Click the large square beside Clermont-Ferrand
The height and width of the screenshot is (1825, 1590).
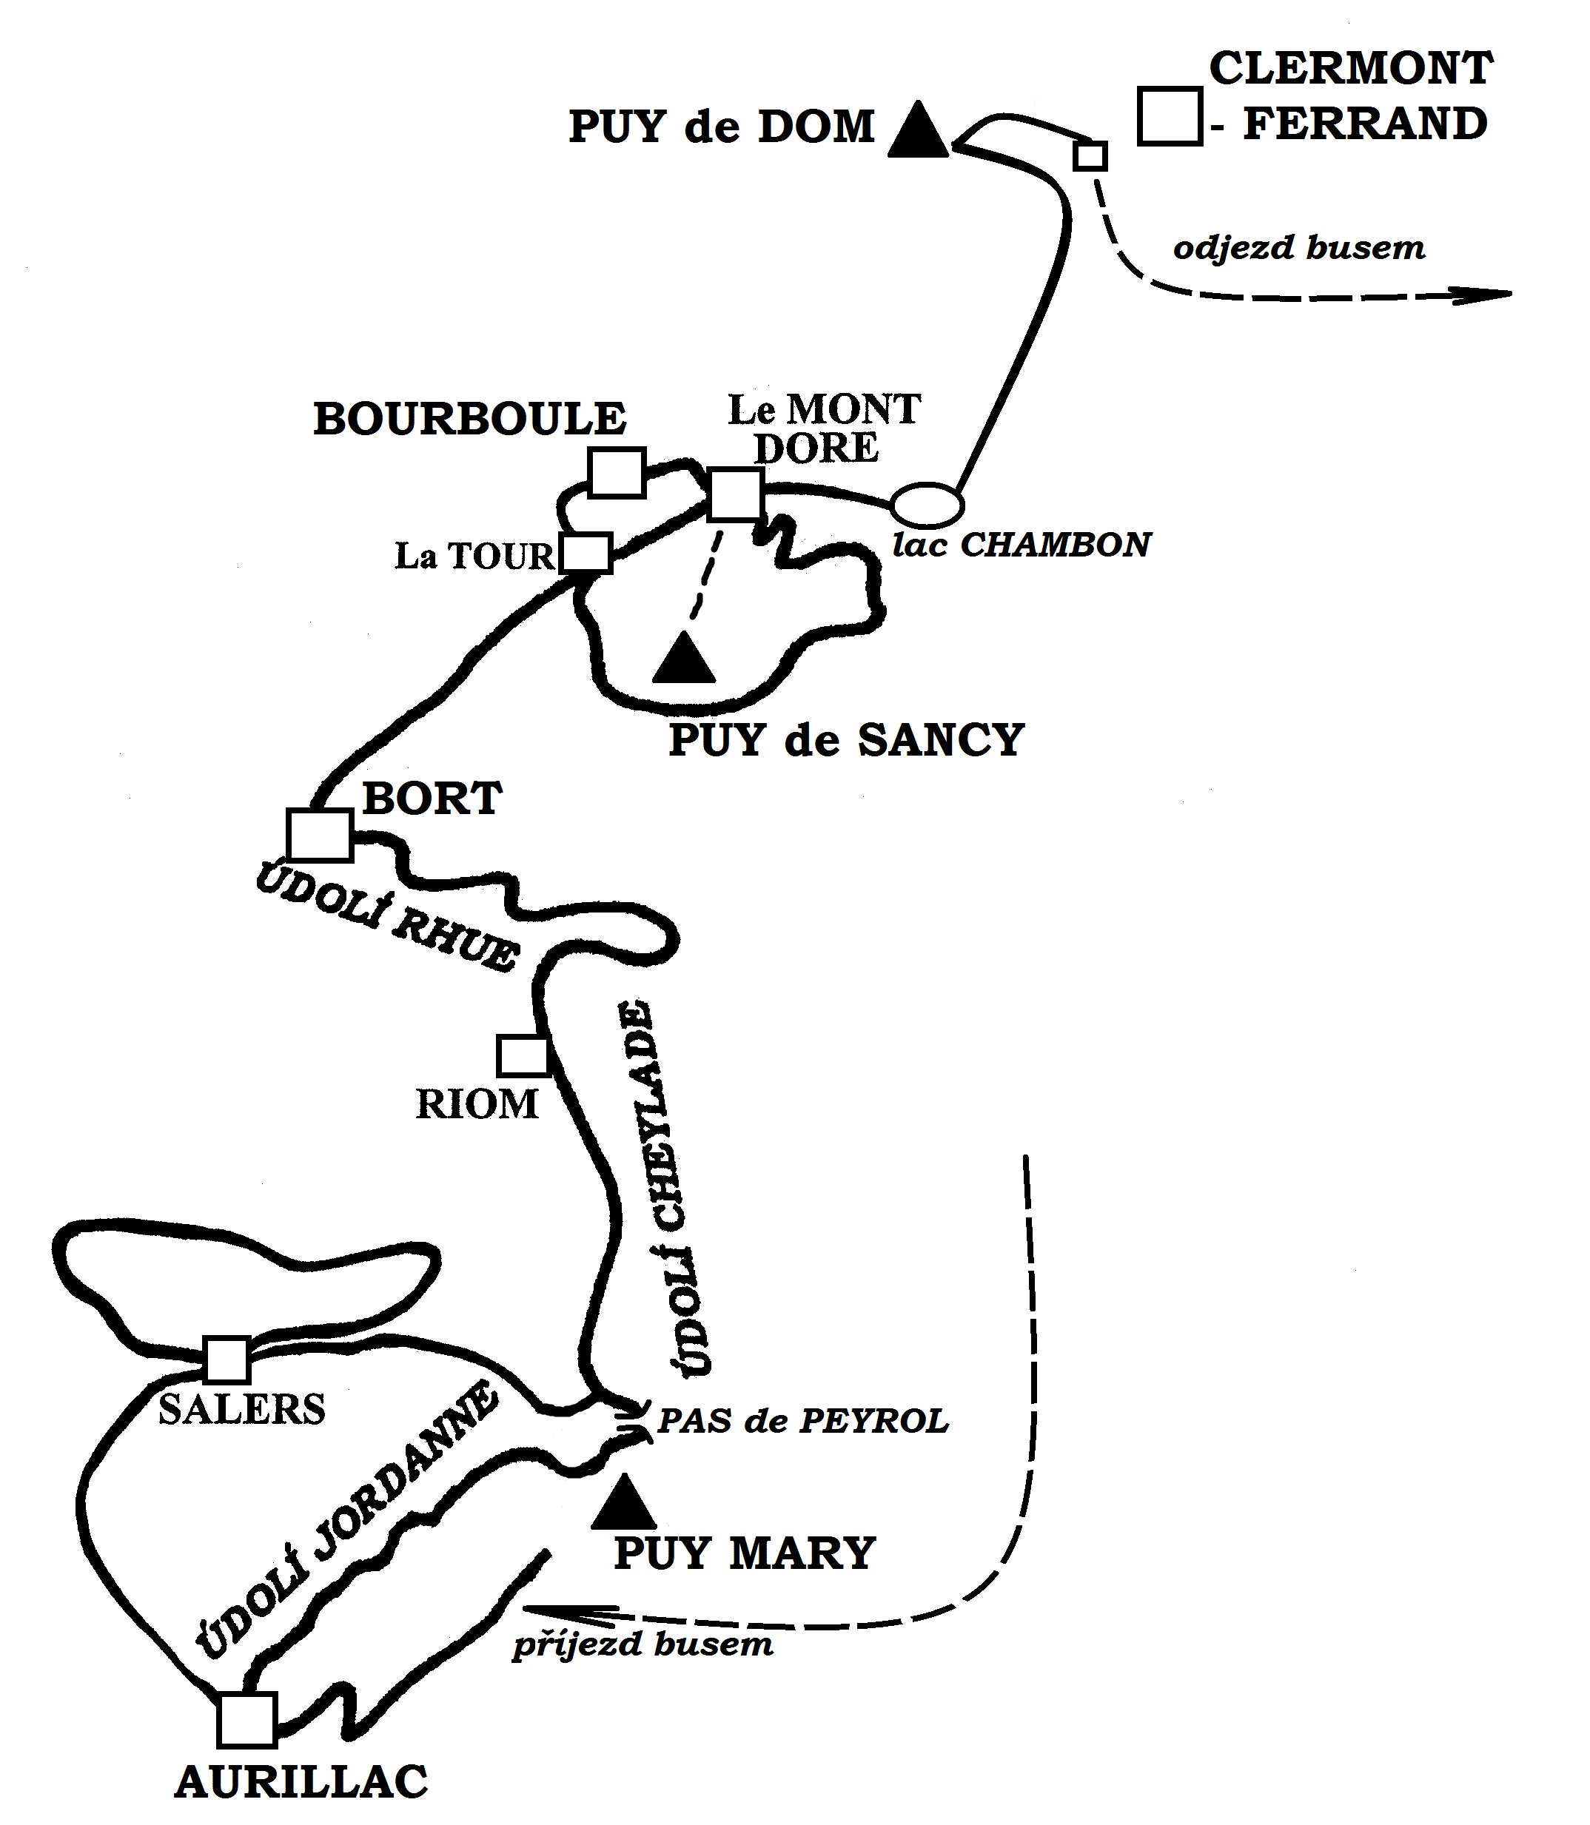point(1170,116)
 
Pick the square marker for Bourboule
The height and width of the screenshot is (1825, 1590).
point(617,472)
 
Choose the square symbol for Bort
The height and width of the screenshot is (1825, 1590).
point(321,835)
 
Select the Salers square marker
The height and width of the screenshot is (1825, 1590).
point(227,1359)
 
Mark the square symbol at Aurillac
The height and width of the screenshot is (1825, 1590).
point(247,1718)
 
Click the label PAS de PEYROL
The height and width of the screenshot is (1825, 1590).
point(803,1422)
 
